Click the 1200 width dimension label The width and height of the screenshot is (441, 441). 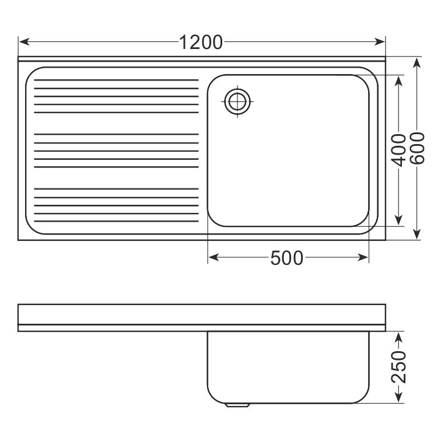[201, 43]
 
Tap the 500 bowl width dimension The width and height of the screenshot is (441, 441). [286, 258]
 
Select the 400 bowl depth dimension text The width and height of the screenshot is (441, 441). [399, 150]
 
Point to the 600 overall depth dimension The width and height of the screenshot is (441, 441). [417, 148]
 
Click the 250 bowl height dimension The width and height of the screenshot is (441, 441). [399, 367]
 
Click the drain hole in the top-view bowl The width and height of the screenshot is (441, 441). [237, 101]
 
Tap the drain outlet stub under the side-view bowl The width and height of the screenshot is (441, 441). [237, 405]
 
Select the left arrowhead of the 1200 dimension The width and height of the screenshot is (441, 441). [24, 42]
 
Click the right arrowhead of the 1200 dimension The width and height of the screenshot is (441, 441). [379, 42]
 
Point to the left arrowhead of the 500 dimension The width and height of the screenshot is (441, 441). [213, 257]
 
